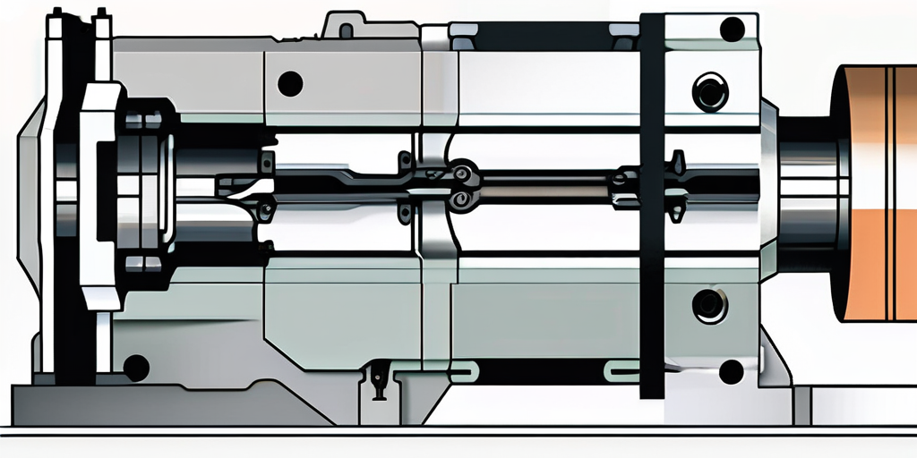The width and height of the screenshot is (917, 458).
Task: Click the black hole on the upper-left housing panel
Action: click(290, 84)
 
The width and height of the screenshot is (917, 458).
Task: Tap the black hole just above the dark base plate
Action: click(135, 366)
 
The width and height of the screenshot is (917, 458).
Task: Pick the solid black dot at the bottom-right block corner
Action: click(731, 370)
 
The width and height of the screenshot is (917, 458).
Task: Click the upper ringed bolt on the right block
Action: click(710, 91)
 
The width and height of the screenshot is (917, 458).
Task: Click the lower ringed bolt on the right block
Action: click(710, 305)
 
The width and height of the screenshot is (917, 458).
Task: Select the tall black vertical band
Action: click(652, 206)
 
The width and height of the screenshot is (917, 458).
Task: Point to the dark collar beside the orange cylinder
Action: click(810, 192)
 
